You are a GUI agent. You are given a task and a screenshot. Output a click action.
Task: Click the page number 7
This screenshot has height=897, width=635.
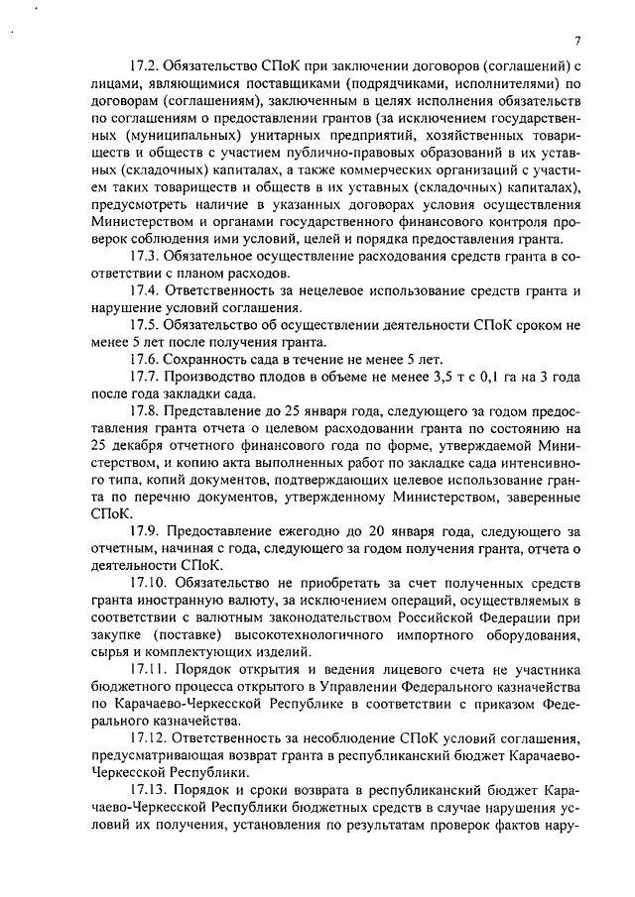pyautogui.click(x=576, y=41)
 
